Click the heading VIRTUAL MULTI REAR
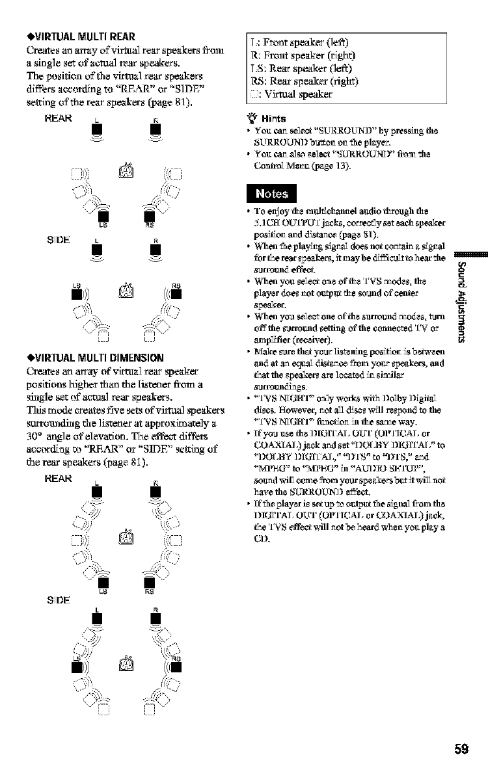pyautogui.click(x=82, y=37)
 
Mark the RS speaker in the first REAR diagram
pyautogui.click(x=148, y=215)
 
